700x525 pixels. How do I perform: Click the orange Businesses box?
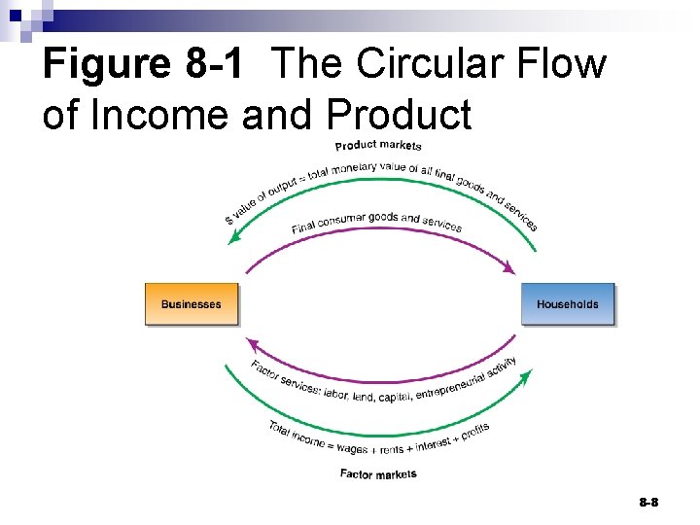point(191,304)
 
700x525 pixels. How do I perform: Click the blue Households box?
point(568,304)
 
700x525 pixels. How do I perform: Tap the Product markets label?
point(378,146)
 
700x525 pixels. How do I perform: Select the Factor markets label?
point(378,473)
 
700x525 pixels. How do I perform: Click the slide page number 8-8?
point(648,502)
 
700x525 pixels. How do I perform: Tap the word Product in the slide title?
point(399,114)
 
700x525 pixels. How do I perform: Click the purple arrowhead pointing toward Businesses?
point(252,343)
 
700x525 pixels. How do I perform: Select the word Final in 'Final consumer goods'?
point(304,227)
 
